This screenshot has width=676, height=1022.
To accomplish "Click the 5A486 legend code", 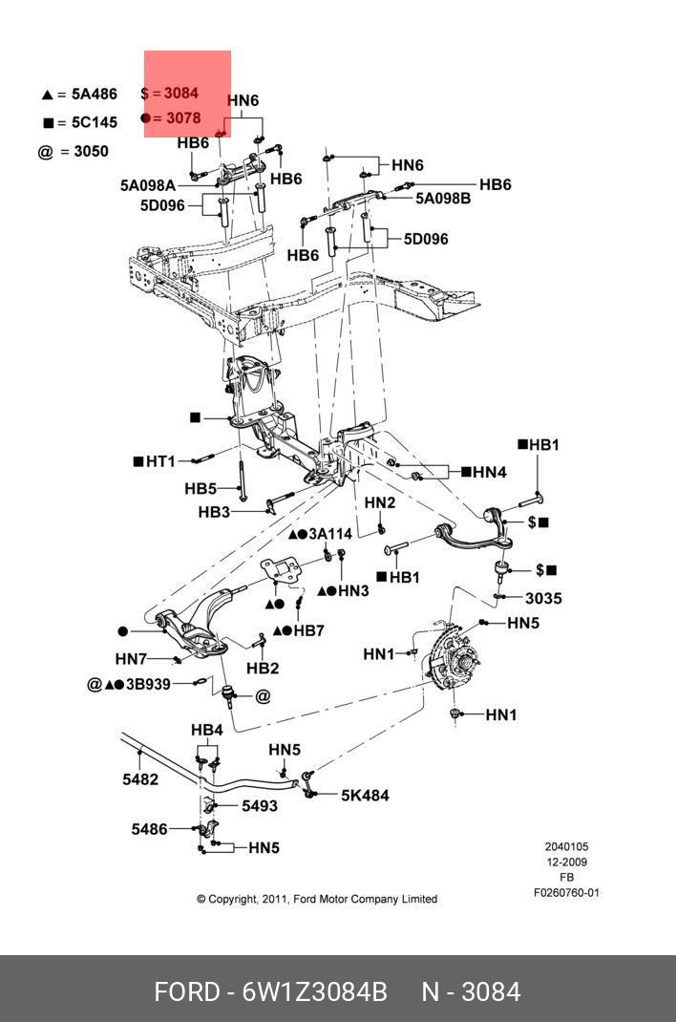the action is point(94,94).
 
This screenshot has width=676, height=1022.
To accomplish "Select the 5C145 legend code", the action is point(94,122).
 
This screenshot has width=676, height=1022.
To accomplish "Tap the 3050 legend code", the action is point(91,151).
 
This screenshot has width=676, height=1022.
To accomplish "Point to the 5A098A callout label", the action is point(148,185).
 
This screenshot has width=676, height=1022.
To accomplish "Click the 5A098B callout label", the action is point(443,198).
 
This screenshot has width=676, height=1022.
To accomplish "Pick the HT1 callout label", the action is point(160,461).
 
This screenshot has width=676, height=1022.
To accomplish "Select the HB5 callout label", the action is point(201,488).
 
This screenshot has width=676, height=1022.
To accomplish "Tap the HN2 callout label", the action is point(380,503).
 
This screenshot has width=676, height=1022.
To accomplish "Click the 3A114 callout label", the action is point(330,535).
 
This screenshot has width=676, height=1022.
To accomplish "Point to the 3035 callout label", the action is point(543,598).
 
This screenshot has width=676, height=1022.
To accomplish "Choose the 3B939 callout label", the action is point(148,685).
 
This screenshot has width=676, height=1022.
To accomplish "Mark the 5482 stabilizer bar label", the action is point(140,778).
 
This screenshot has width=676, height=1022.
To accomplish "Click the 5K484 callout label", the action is point(365,796).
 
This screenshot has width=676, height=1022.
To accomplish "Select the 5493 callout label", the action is point(260,806).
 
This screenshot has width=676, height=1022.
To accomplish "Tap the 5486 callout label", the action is point(150,829).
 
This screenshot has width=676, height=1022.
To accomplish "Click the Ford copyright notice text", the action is point(317,900).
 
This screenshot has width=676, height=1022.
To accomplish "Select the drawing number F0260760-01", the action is point(566,893).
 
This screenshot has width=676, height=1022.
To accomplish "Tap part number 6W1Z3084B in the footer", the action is point(315,992).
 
